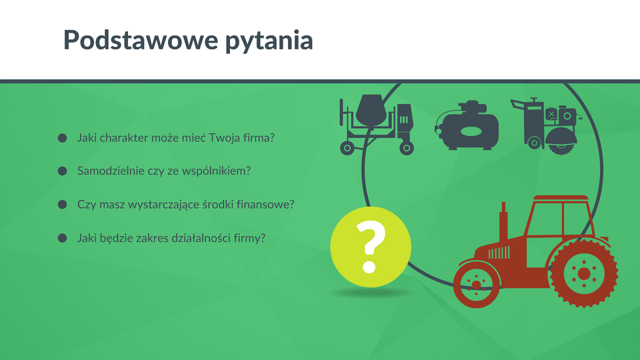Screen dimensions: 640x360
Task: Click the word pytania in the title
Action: pyautogui.click(x=269, y=41)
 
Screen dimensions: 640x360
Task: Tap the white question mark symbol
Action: pyautogui.click(x=370, y=247)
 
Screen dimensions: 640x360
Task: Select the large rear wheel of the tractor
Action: pyautogui.click(x=584, y=273)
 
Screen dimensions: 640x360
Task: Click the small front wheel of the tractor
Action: pyautogui.click(x=476, y=285)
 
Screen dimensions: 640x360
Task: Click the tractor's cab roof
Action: pyautogui.click(x=561, y=198)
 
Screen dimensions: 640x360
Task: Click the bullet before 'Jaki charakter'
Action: pyautogui.click(x=63, y=138)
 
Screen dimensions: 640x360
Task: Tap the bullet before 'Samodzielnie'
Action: pyautogui.click(x=63, y=171)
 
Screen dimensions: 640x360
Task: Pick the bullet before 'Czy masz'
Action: pyautogui.click(x=63, y=205)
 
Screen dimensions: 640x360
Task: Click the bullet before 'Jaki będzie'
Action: pyautogui.click(x=63, y=238)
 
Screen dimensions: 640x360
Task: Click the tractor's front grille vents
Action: pyautogui.click(x=499, y=253)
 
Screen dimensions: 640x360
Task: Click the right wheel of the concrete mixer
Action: pyautogui.click(x=407, y=148)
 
